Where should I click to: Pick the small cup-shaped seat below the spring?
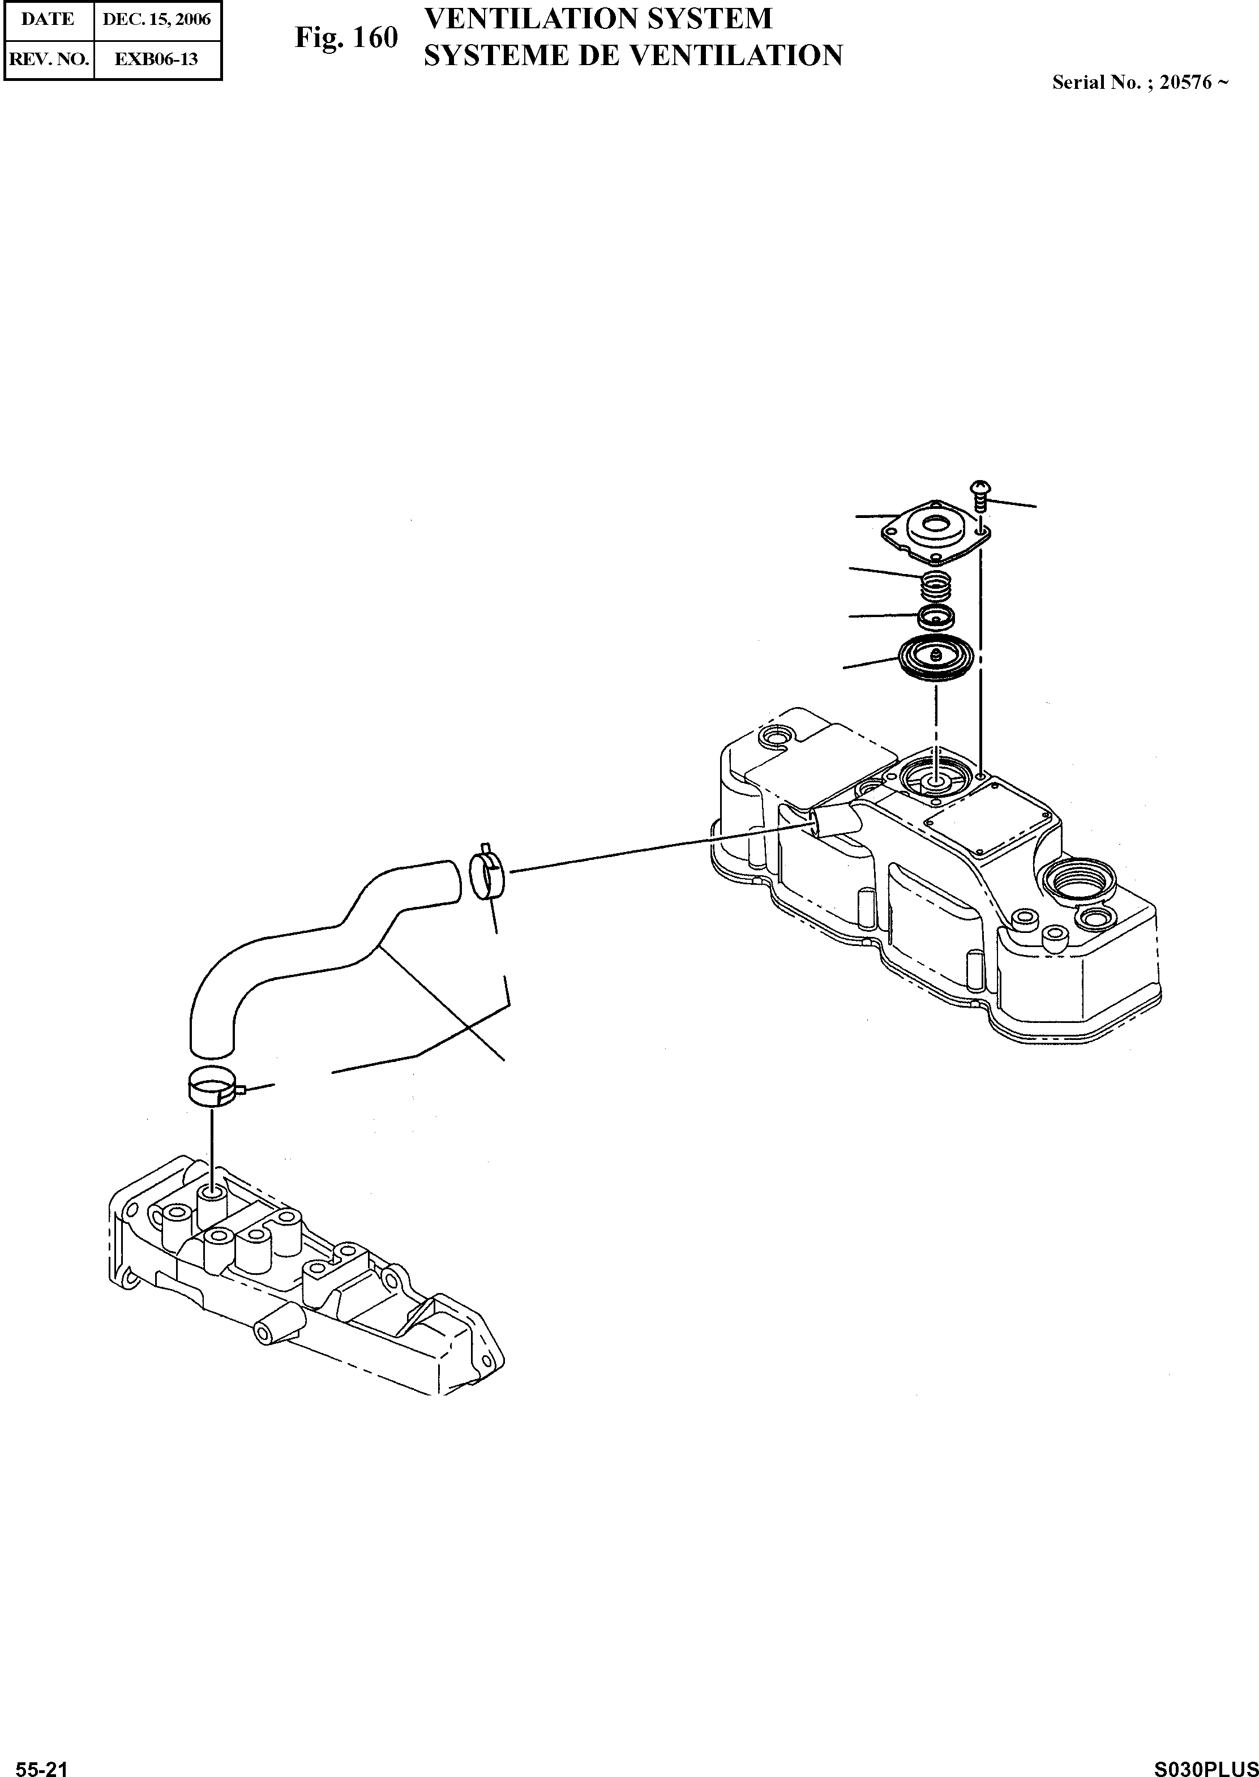click(x=936, y=618)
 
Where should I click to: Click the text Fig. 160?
click(x=346, y=38)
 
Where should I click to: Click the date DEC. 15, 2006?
click(x=157, y=19)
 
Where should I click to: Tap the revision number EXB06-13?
click(x=157, y=59)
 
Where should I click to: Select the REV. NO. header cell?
click(x=48, y=59)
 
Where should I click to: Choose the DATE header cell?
click(x=48, y=19)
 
